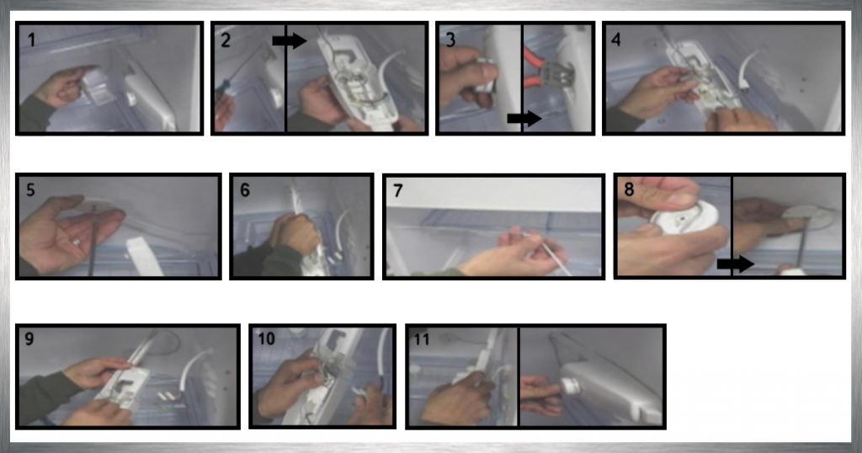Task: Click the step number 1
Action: click(32, 40)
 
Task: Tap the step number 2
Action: click(226, 40)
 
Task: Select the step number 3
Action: click(450, 40)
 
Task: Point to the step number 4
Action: click(615, 40)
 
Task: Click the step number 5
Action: click(30, 189)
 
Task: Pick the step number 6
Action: click(245, 190)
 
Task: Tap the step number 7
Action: click(398, 191)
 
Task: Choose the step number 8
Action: click(629, 189)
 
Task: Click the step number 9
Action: click(29, 338)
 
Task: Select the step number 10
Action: click(267, 338)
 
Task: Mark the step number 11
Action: click(422, 339)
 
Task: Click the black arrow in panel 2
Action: click(290, 40)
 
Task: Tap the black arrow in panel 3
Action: click(524, 118)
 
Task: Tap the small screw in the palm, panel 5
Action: click(76, 242)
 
